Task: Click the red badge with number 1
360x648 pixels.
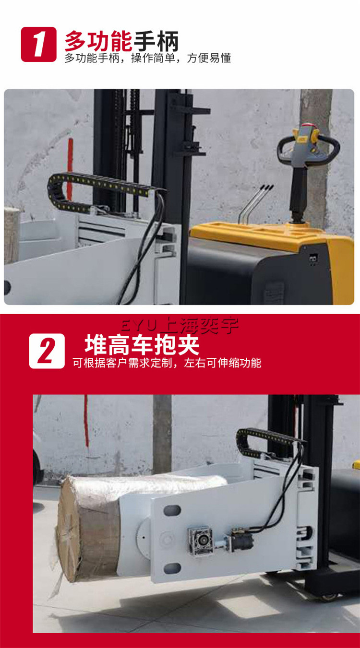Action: pos(38,44)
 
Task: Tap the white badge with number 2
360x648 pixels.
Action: pos(47,351)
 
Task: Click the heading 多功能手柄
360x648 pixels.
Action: pos(121,41)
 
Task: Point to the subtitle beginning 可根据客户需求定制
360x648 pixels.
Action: pos(167,363)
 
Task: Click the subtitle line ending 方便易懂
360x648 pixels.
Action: pos(148,58)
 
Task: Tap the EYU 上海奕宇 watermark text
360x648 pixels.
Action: pos(180,326)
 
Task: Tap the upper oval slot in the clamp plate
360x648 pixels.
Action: pos(171,509)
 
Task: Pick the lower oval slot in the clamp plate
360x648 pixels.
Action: pos(171,569)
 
